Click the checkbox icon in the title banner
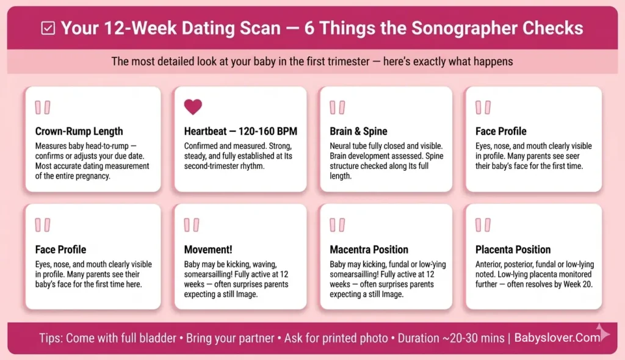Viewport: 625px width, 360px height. point(48,29)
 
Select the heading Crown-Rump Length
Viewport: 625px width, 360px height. point(79,131)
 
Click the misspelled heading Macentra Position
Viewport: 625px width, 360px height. point(369,250)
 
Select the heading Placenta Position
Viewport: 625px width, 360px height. point(513,250)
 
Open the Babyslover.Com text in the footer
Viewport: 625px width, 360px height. point(557,338)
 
